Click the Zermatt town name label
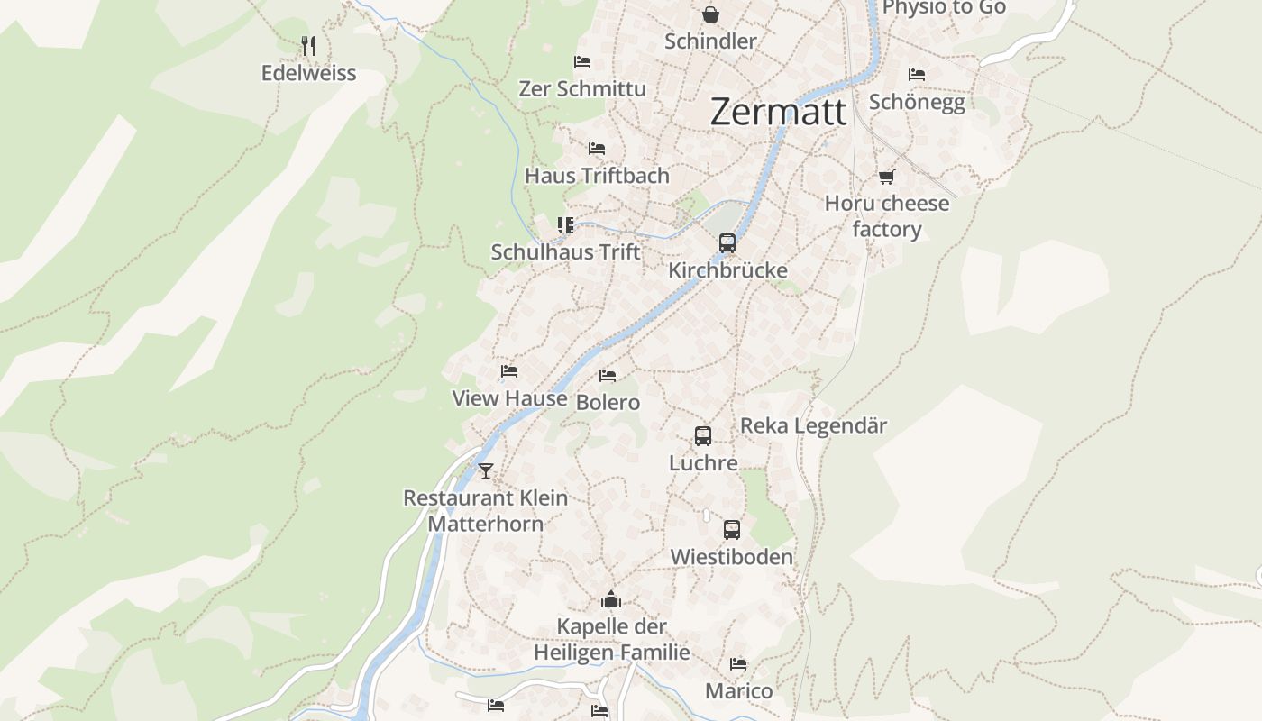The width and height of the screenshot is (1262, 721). [778, 112]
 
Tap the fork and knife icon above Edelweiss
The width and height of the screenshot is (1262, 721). [308, 45]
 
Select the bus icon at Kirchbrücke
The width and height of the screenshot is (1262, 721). [727, 243]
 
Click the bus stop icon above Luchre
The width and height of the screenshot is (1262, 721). [703, 436]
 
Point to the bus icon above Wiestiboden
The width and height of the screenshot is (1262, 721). [731, 530]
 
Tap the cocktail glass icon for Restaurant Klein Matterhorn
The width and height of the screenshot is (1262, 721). [486, 470]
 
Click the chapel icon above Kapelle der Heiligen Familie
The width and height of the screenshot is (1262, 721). [611, 599]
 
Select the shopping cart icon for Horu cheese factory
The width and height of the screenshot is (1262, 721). [886, 177]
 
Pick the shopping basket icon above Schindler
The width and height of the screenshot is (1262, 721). [710, 14]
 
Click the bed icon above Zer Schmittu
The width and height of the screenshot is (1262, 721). [582, 62]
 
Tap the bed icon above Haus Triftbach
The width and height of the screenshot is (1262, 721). [596, 149]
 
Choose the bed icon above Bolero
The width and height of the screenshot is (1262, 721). [608, 376]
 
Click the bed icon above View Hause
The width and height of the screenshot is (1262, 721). [509, 371]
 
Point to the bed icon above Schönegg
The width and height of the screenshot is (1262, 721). [917, 75]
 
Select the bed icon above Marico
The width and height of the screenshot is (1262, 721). [738, 664]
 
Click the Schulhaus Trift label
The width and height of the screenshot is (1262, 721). [565, 252]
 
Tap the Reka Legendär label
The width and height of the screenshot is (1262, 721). [813, 425]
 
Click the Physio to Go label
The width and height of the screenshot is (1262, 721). [944, 8]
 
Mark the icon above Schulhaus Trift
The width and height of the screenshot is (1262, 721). [565, 225]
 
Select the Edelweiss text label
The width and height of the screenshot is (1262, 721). [308, 73]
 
